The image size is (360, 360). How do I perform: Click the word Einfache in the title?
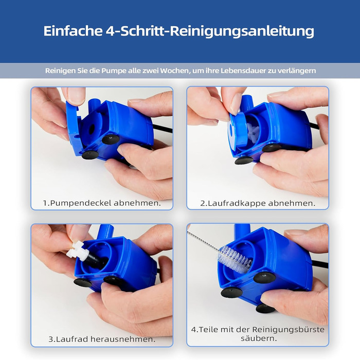73,31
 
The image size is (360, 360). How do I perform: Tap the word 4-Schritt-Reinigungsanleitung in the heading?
210,31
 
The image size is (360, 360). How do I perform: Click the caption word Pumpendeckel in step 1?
81,203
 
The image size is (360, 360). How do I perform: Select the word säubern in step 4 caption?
259,338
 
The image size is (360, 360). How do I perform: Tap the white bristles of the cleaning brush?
235,258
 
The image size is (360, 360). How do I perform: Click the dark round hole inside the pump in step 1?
92,129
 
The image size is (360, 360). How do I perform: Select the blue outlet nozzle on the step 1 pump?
94,104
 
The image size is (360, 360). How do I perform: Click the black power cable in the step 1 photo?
163,129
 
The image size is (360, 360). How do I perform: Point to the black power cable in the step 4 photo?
320,264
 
